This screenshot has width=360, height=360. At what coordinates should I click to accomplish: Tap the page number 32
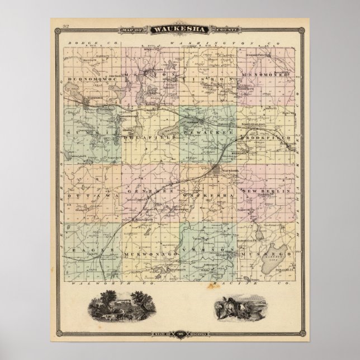coord(66,27)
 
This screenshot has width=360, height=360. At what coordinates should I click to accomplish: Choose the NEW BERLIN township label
coord(268,191)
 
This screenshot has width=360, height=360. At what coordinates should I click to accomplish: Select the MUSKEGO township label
coord(267,253)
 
